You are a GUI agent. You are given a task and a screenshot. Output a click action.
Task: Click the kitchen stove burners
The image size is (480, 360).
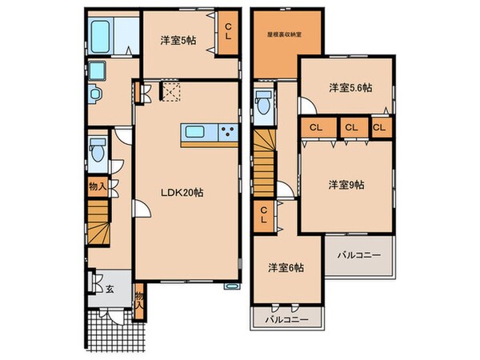point(226,133)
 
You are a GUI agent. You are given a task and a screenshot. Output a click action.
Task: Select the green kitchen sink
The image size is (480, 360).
point(196,133)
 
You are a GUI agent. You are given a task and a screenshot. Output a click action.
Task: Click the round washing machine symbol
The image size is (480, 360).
point(94,94)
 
